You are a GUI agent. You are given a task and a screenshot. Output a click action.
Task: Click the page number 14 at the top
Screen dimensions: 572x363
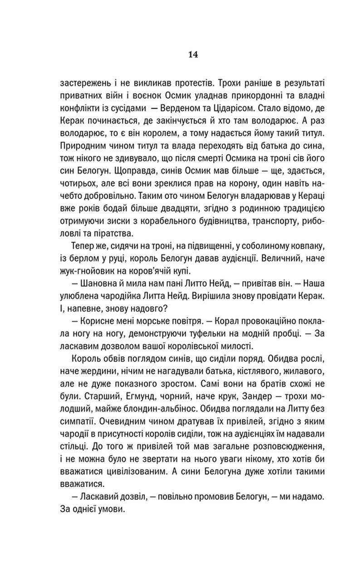pyautogui.click(x=192, y=55)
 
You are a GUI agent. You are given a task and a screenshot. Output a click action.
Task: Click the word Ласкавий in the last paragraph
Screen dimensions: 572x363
pyautogui.click(x=96, y=496)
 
